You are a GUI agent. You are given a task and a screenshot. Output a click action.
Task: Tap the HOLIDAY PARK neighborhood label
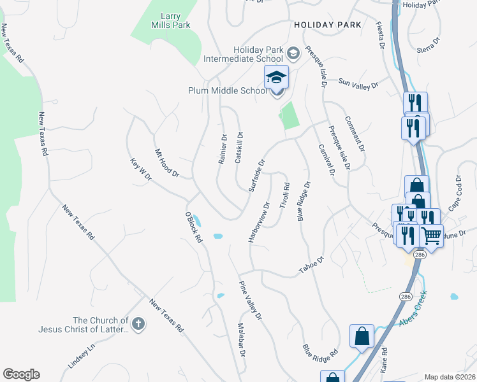tap(328, 25)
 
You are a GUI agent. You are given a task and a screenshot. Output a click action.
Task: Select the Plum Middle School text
tap(228, 90)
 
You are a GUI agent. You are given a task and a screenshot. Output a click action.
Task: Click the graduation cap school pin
tap(277, 78)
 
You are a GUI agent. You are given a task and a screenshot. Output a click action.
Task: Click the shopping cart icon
tap(432, 236)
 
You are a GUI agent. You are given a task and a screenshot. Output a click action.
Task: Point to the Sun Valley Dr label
tap(358, 83)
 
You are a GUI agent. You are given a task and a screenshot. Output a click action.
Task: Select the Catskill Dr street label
tap(240, 148)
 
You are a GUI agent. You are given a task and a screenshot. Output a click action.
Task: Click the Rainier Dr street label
tap(223, 149)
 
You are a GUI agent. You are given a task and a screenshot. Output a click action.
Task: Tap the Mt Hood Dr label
tap(167, 163)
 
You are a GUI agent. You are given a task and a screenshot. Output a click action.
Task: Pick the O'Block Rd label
tap(194, 227)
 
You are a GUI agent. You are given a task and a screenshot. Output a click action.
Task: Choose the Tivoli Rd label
tap(285, 195)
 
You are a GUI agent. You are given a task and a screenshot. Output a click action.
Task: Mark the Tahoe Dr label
tap(312, 266)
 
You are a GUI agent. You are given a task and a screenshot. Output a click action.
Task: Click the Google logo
tap(21, 374)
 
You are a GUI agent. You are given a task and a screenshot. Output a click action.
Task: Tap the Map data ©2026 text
tap(450, 377)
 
